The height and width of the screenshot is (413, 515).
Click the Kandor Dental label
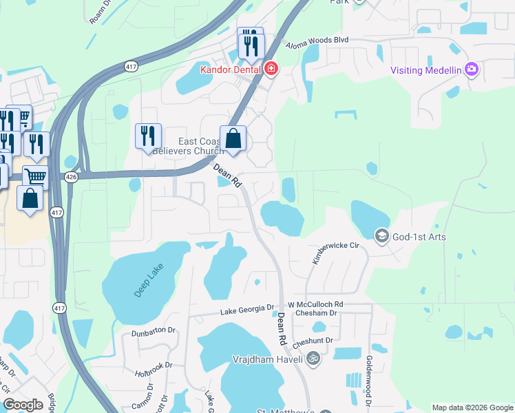coord(229,70)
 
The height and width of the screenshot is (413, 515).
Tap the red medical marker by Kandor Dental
coord(271,69)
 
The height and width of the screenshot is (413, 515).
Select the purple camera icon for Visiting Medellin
coord(472,69)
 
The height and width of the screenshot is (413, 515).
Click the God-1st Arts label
coord(419,237)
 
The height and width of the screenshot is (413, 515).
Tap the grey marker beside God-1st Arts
coord(381,237)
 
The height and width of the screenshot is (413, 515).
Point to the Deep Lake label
coord(146,282)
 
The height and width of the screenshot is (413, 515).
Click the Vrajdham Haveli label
coord(267,359)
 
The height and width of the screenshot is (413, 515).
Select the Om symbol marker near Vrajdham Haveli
coord(313,358)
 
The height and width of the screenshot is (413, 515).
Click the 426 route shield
coord(71,178)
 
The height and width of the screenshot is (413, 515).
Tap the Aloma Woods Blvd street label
coord(317,41)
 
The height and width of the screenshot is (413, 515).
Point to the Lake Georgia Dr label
coord(247,311)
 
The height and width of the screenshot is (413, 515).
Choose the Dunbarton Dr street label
coord(154,331)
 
